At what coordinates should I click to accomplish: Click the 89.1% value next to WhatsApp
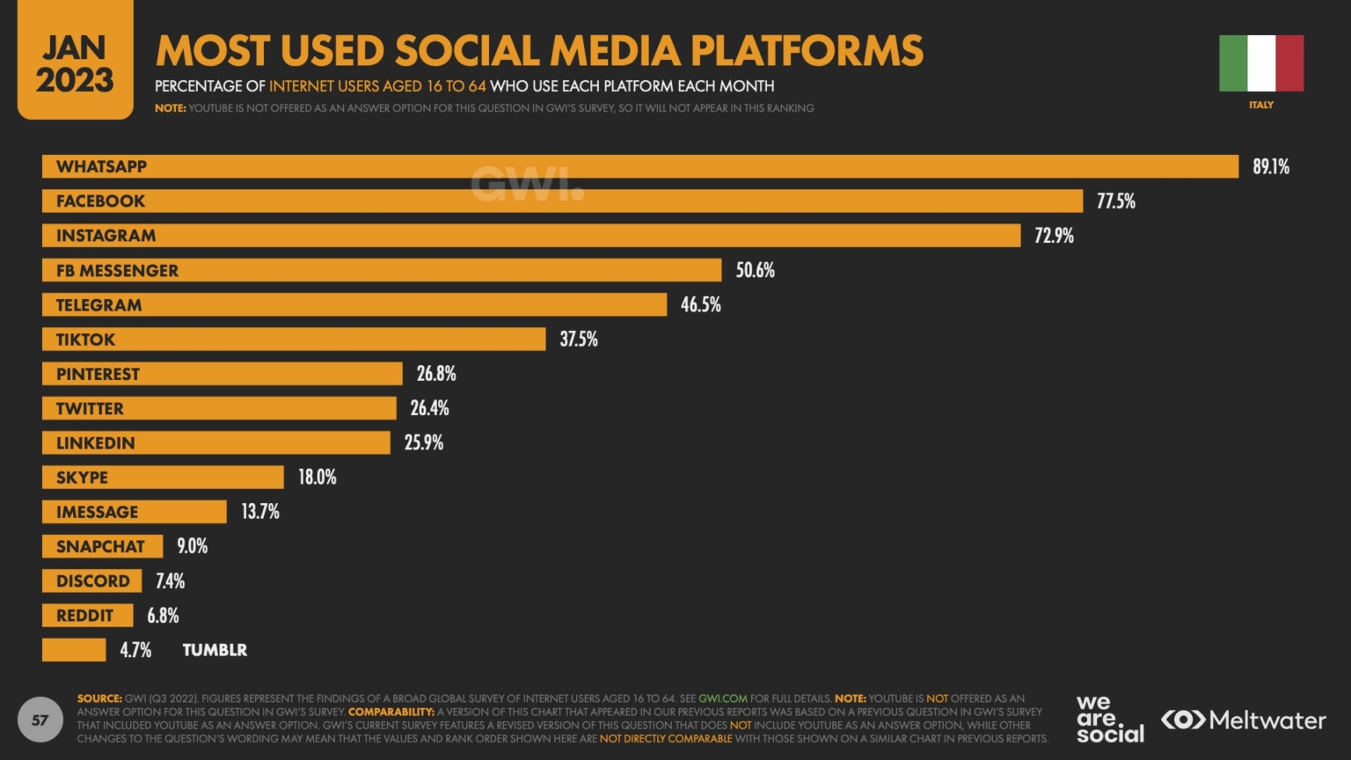[x=1270, y=166]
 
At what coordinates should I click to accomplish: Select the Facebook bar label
[x=100, y=201]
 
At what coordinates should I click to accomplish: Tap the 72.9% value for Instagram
[x=1054, y=236]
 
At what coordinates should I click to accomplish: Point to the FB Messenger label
[x=117, y=271]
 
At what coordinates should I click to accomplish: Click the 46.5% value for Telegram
[x=700, y=305]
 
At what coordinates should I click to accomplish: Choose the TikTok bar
[x=294, y=340]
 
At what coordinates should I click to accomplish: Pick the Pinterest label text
[x=98, y=374]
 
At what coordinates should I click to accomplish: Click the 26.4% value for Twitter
[x=429, y=408]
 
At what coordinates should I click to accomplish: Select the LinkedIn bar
[x=216, y=442]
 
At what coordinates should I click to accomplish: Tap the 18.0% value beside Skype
[x=317, y=477]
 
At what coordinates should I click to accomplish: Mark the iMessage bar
[x=135, y=512]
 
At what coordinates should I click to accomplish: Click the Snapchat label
[x=100, y=546]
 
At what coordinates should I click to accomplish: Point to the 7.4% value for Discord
[x=170, y=581]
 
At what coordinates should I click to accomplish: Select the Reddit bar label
[x=84, y=616]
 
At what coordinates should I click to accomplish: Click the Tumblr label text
[x=215, y=650]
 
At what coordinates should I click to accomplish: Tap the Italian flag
[x=1260, y=63]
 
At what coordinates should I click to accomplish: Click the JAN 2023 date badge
[x=75, y=62]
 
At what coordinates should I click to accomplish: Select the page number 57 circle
[x=40, y=720]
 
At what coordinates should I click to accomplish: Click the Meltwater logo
[x=1243, y=720]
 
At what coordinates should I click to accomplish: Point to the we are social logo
[x=1109, y=719]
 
